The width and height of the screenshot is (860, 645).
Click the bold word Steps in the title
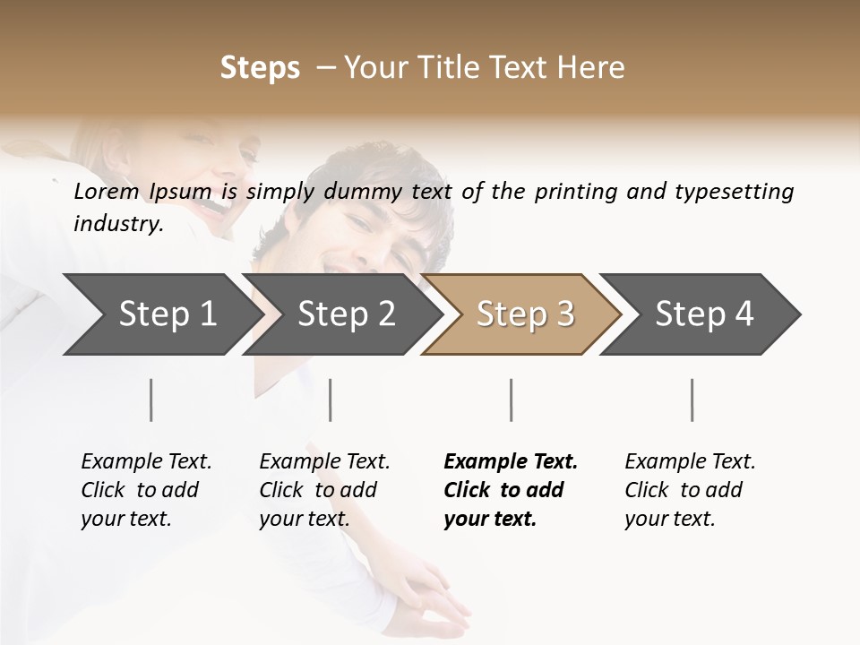(260, 68)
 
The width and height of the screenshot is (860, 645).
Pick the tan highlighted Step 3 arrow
(525, 314)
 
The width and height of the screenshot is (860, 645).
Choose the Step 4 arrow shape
(704, 314)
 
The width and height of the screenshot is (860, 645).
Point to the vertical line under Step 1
(151, 400)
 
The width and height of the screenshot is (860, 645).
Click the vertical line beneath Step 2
(331, 400)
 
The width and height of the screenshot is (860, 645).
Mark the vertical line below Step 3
(511, 400)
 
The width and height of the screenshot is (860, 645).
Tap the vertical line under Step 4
(692, 400)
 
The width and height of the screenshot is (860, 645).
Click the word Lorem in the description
(106, 192)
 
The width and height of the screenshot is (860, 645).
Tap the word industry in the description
(117, 224)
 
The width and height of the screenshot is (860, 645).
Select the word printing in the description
(576, 192)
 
